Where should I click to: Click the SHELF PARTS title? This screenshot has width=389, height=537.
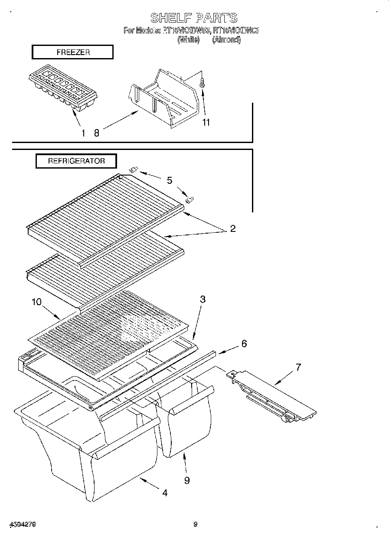pos(194,18)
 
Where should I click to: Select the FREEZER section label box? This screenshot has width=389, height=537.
pos(72,52)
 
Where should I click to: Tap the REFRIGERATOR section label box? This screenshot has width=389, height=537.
pos(76,161)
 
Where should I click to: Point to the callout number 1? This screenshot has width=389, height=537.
pos(83,133)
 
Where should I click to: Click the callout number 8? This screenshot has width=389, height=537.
pos(97,133)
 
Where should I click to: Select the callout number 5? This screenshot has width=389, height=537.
pos(169,180)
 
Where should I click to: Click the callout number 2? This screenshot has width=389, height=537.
pos(233,229)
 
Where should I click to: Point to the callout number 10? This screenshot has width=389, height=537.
pos(37,302)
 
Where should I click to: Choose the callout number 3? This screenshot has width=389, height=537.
pos(203,299)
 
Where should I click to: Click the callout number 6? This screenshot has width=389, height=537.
pos(244,344)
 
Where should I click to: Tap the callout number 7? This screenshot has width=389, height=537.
pos(298,368)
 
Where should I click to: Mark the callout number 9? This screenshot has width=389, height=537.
pos(187,480)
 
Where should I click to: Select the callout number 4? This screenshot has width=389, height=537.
pos(165,493)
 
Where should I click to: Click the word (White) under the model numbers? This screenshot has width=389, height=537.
pos(188,40)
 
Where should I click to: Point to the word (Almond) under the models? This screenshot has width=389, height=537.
pos(226,40)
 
